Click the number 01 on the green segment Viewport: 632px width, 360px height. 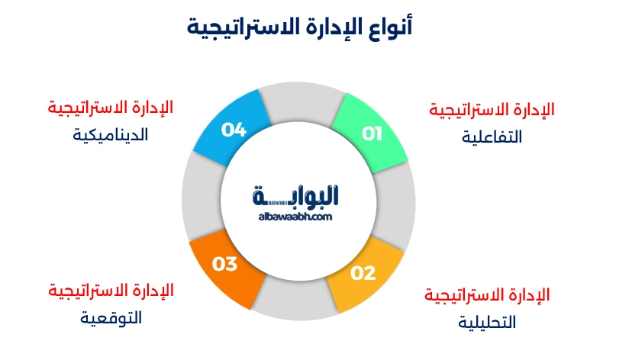tap(372, 134)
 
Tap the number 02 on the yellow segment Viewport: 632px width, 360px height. tap(363, 272)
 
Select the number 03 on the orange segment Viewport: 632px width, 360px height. tap(225, 265)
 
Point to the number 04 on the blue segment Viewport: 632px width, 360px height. tap(234, 130)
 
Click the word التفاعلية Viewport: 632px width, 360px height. tap(492, 137)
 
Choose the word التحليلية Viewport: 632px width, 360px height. tap(487, 322)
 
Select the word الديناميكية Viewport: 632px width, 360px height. tap(111, 134)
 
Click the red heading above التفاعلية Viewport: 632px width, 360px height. tap(492, 110)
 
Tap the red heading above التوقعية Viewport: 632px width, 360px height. tap(111, 291)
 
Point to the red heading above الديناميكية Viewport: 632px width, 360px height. tap(111, 107)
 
